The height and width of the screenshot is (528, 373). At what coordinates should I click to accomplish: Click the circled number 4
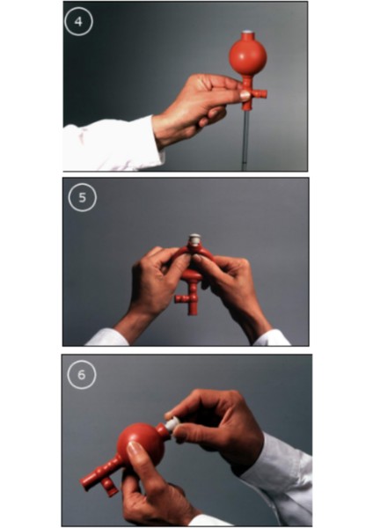(x=78, y=22)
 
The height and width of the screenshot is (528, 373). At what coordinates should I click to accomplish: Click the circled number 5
(x=83, y=198)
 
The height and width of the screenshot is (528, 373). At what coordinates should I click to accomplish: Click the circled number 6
(x=82, y=375)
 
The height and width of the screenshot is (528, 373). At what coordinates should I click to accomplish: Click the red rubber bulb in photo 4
(x=248, y=55)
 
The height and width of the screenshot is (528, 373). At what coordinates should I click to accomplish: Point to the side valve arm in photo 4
(x=260, y=93)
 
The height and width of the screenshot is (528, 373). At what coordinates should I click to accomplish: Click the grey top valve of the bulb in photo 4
(x=247, y=32)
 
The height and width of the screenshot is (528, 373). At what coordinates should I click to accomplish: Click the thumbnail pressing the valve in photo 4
(x=245, y=96)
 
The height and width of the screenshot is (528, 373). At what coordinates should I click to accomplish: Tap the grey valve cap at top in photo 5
(x=194, y=238)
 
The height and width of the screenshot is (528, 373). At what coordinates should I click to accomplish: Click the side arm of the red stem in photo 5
(x=182, y=298)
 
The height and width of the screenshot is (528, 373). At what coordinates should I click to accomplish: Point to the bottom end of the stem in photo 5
(x=193, y=313)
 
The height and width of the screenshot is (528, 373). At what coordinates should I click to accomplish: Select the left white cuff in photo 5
(x=107, y=338)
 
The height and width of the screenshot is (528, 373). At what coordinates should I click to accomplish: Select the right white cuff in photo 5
(x=271, y=339)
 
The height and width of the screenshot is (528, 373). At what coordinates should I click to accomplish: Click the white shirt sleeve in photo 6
(x=281, y=472)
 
